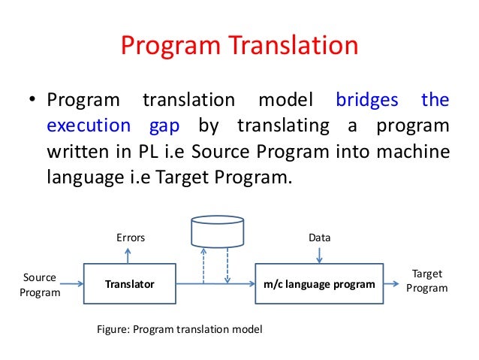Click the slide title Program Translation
point(239,47)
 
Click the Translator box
point(129,284)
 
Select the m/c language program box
point(319,284)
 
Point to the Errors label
point(130,237)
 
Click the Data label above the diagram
point(320,237)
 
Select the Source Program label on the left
point(39,285)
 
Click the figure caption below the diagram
point(181,329)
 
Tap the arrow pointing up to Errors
point(129,256)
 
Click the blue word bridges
point(368,100)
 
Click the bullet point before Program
point(33,101)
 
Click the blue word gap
point(171,126)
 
